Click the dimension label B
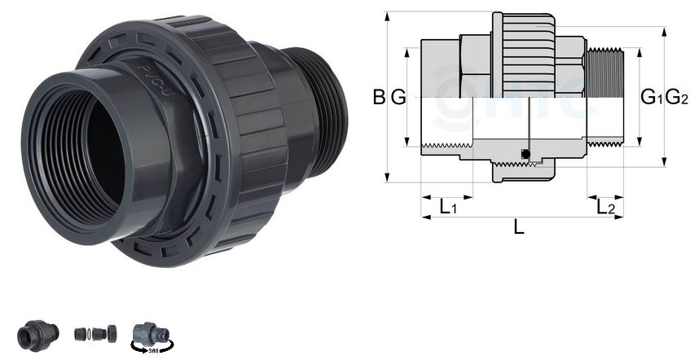click(x=379, y=98)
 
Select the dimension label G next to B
click(x=398, y=98)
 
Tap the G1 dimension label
click(x=652, y=98)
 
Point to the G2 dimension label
click(x=677, y=98)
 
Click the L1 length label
click(x=447, y=208)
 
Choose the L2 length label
click(x=605, y=208)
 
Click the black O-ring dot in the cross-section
click(x=525, y=154)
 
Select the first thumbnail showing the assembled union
click(x=38, y=334)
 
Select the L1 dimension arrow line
click(x=447, y=196)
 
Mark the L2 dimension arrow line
click(x=605, y=196)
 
